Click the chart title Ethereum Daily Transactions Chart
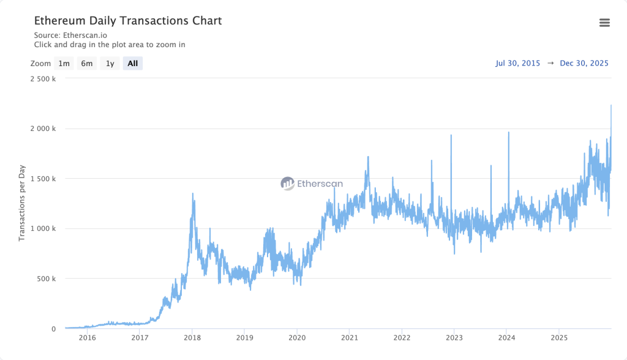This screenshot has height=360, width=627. click(127, 21)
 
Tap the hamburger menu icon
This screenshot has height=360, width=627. click(604, 23)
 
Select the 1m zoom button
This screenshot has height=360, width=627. click(64, 63)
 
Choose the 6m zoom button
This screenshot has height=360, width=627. click(87, 63)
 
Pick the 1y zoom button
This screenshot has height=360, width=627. click(110, 63)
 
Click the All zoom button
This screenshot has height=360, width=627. click(133, 63)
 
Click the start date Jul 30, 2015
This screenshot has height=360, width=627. click(518, 63)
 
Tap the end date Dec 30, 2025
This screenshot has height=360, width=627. click(584, 63)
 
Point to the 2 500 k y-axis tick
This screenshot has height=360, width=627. click(43, 78)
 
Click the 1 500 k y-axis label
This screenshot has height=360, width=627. click(43, 179)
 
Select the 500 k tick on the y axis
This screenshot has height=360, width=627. click(47, 279)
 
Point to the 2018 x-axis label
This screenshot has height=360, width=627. click(192, 338)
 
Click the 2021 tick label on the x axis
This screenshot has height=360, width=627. click(349, 338)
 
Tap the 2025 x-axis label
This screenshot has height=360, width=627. click(558, 338)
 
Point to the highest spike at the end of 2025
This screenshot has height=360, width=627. click(611, 105)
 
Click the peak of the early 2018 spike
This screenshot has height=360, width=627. click(193, 193)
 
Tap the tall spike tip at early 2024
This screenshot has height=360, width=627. click(508, 132)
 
